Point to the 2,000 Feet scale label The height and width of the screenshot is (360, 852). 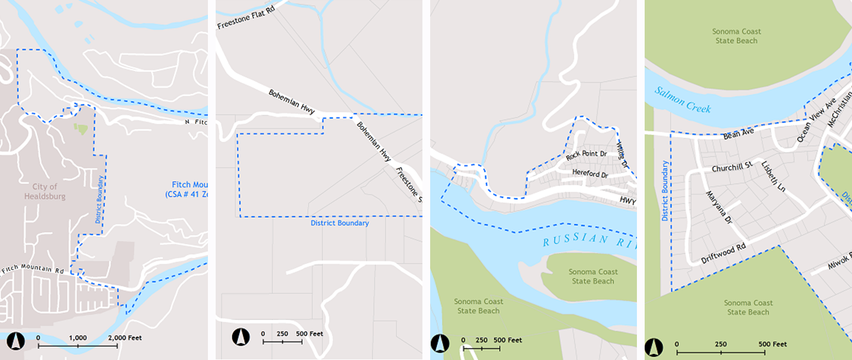125,338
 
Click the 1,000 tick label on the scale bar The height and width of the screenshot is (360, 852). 78,338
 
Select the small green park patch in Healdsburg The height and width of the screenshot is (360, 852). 79,128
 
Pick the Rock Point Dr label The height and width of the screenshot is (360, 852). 586,155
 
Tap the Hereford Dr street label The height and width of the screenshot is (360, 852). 589,175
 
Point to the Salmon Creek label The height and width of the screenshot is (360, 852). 683,99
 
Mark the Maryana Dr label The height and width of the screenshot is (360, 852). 718,206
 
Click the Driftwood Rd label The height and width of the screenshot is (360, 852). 723,253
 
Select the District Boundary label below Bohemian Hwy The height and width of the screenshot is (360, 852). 340,223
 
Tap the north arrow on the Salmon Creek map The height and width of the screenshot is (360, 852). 654,346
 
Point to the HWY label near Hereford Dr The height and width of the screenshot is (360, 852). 627,201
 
